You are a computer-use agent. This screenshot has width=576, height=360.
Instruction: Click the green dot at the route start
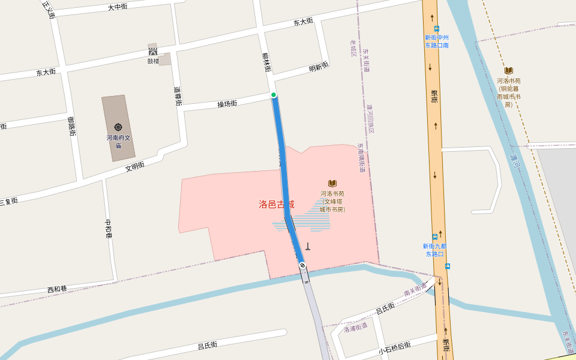(274, 95)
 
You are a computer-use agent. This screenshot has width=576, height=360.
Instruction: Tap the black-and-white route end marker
(302, 265)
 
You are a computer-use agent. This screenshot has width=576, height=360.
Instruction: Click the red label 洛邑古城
(276, 205)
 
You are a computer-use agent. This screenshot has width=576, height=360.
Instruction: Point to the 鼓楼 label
(154, 61)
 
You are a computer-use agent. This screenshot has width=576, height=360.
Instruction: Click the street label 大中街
(118, 7)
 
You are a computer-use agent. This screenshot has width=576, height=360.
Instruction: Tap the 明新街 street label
(319, 67)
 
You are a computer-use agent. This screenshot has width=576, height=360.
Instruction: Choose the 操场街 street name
(227, 104)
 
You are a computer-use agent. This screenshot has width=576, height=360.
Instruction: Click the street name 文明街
(135, 166)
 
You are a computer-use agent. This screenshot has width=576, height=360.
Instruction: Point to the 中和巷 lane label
(109, 229)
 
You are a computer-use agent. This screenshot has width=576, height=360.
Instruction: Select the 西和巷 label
(57, 289)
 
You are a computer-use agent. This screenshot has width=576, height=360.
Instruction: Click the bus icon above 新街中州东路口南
(436, 28)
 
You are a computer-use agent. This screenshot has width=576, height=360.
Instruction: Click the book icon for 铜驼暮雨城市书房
(509, 70)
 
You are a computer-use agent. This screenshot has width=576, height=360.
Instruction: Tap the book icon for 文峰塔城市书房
(332, 183)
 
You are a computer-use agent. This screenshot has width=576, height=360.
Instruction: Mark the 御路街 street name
(71, 126)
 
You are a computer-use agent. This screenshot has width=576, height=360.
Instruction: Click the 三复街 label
(8, 201)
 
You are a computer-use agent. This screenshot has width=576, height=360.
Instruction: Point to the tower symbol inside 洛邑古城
(308, 246)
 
